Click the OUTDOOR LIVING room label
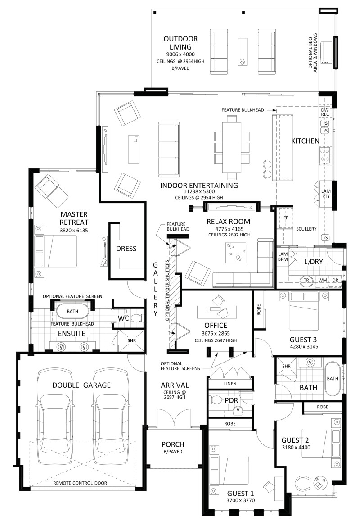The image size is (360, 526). pos(180,43)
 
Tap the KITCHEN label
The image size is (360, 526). pos(305,141)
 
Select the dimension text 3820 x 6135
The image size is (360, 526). pos(74,231)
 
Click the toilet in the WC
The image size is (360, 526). pos(137,317)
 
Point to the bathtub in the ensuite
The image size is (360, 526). pos(72,311)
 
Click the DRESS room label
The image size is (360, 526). pos(126,249)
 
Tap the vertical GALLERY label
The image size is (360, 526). pos(156,289)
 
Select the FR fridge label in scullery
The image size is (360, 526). pos(286,218)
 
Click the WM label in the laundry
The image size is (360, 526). pos(323,280)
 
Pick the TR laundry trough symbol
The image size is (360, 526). pos(306,281)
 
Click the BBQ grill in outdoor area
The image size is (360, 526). pos(326,53)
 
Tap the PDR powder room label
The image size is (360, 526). pos(231,400)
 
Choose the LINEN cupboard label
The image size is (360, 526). pos(230,384)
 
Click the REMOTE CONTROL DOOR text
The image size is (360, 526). pos(80,483)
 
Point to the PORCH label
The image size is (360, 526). pos(173,444)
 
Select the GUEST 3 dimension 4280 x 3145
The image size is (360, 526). pos(304,346)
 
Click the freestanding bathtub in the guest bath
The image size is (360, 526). pos(332,378)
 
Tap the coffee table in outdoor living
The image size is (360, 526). pos(243,52)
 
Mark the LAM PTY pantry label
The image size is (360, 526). pos(326,194)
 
